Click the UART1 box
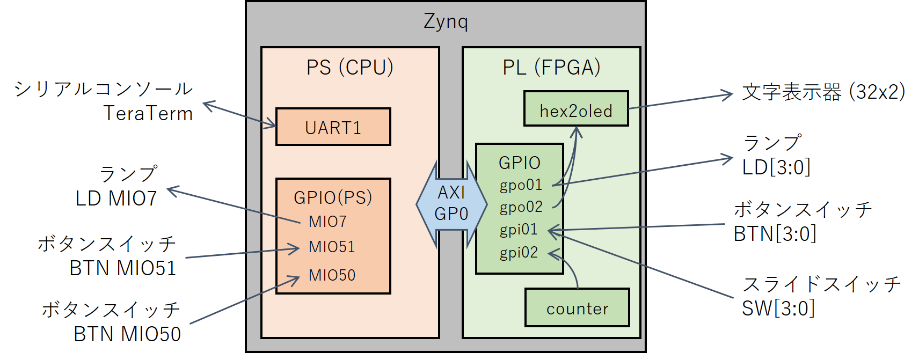click(x=333, y=127)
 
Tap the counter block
click(x=577, y=308)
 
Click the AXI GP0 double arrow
click(x=451, y=204)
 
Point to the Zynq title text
click(x=446, y=21)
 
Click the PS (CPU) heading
click(x=349, y=68)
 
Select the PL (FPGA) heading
click(x=551, y=68)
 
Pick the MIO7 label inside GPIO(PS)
click(x=327, y=222)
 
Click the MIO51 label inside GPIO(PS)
click(x=332, y=247)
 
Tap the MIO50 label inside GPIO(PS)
click(x=332, y=275)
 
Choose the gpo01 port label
click(x=521, y=185)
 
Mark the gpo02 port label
click(x=521, y=207)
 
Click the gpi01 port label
click(x=519, y=230)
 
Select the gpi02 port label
click(x=519, y=252)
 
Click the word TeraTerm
click(x=148, y=114)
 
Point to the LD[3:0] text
click(x=776, y=167)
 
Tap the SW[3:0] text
click(x=778, y=308)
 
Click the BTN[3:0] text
click(x=775, y=234)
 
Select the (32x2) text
click(x=877, y=92)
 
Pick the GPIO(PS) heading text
click(x=333, y=197)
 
